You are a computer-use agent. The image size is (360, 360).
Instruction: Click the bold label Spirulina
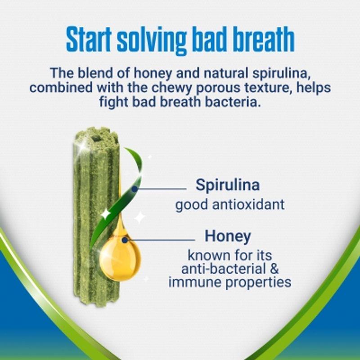[x=228, y=184]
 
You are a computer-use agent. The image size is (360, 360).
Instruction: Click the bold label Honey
[x=228, y=236]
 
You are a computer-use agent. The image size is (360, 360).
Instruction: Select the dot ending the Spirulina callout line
[x=135, y=189]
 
